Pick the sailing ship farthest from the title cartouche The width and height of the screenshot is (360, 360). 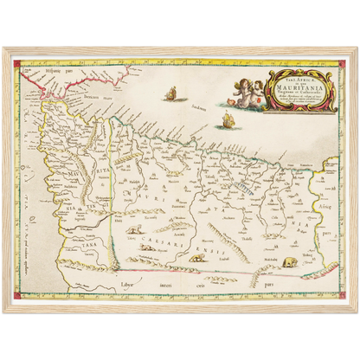click(x=172, y=93)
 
